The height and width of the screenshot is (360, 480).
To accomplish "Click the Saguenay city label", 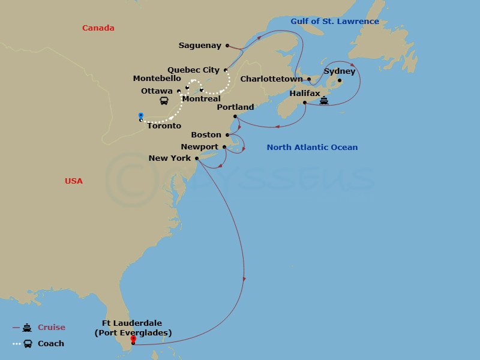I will [x=200, y=46].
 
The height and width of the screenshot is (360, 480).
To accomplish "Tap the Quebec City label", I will [x=193, y=70].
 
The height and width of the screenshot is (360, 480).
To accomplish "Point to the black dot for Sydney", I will [x=339, y=80].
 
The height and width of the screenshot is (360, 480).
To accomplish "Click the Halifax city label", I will [x=304, y=94].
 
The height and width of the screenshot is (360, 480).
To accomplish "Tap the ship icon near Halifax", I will [x=324, y=100].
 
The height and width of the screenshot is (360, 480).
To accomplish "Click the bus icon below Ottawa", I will [x=164, y=101].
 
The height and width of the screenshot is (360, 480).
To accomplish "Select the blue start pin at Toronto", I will [x=140, y=116].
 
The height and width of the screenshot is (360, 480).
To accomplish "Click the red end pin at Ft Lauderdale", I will [x=133, y=339].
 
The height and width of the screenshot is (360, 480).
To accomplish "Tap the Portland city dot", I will [x=235, y=116].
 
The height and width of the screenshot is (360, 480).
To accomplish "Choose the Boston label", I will [x=206, y=135].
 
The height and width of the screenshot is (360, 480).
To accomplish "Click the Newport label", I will [x=199, y=147].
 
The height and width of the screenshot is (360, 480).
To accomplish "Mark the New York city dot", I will [x=197, y=159].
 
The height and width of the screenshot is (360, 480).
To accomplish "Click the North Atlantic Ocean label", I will [x=312, y=148].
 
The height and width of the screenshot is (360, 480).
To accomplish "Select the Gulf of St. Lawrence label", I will [x=335, y=22].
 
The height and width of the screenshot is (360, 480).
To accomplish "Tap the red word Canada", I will [x=98, y=28].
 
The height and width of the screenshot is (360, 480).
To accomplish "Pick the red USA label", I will [x=74, y=181].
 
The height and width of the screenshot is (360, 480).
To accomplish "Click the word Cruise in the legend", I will [x=52, y=328].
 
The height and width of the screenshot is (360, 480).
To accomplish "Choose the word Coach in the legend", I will [x=51, y=344].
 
